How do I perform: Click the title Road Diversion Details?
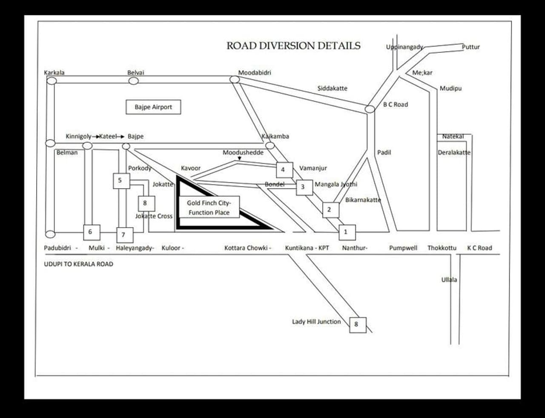coord(293,46)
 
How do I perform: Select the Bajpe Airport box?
coord(153,107)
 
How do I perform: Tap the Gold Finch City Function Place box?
coord(209,208)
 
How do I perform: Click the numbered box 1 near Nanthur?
coord(346,232)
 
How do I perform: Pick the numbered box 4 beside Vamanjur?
coord(284,170)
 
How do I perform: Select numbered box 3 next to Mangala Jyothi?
coord(304,187)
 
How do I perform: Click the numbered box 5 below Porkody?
coord(120,180)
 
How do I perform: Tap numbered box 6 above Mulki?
coord(91,232)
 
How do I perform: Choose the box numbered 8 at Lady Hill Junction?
coord(357,324)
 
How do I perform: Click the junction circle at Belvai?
coord(134,81)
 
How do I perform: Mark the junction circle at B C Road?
coord(370,109)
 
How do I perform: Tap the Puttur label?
coord(471,47)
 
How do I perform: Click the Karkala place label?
coord(54,72)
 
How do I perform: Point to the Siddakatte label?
coord(332,88)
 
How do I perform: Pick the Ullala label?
coord(449,280)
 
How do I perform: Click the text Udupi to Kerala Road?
coord(79,264)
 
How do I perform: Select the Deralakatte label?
coord(454,153)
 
